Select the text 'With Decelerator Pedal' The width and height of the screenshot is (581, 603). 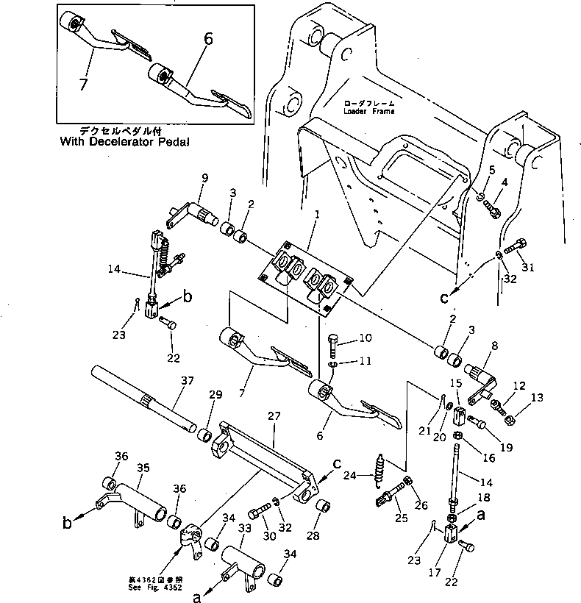click(x=126, y=143)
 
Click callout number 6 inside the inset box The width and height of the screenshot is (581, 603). click(x=209, y=40)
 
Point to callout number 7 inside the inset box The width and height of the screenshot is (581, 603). click(x=82, y=85)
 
